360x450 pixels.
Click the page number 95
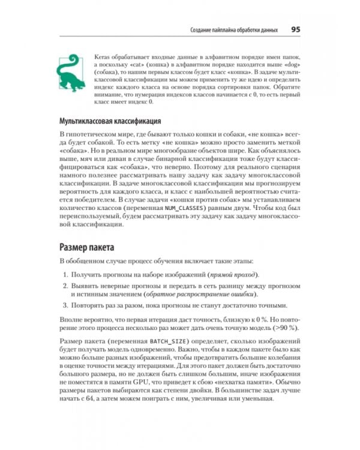(296, 29)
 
